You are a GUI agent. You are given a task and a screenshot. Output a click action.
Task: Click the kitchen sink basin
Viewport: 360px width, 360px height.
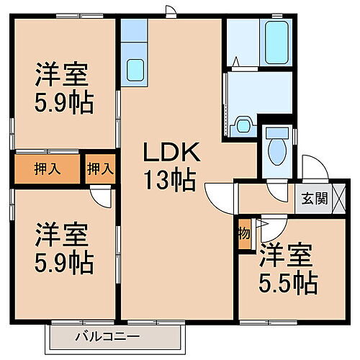(x=135, y=69)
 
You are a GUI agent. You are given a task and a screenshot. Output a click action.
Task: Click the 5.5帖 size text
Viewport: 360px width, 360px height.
(x=288, y=283)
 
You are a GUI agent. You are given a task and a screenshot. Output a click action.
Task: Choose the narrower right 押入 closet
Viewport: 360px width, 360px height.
(x=99, y=170)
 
